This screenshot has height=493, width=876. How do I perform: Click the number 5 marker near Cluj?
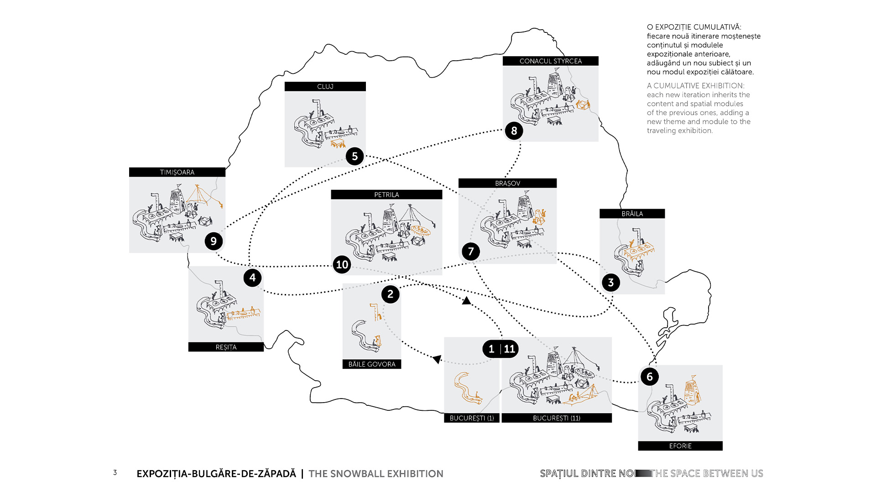pyautogui.click(x=355, y=157)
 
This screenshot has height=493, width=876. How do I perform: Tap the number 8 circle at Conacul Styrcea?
pyautogui.click(x=514, y=131)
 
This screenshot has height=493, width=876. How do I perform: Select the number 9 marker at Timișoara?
pyautogui.click(x=214, y=241)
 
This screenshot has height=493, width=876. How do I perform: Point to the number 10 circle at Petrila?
pyautogui.click(x=342, y=265)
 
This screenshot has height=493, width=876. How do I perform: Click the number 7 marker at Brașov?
pyautogui.click(x=471, y=252)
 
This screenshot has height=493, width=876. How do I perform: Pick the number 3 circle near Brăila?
pyautogui.click(x=611, y=283)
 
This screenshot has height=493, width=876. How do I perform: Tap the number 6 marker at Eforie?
pyautogui.click(x=650, y=377)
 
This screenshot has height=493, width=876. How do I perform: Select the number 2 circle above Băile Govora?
pyautogui.click(x=390, y=294)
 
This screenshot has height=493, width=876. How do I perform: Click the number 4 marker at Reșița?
pyautogui.click(x=252, y=278)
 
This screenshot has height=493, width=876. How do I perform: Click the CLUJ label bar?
pyautogui.click(x=325, y=87)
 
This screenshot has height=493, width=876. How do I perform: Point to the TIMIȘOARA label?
pyautogui.click(x=177, y=173)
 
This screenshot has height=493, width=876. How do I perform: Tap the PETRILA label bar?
pyautogui.click(x=386, y=195)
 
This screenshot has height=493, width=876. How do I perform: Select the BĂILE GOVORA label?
pyautogui.click(x=372, y=364)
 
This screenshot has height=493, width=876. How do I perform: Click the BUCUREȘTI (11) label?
pyautogui.click(x=557, y=418)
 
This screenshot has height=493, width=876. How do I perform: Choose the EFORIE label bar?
pyautogui.click(x=680, y=446)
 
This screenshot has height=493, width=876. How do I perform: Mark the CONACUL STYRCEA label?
pyautogui.click(x=551, y=61)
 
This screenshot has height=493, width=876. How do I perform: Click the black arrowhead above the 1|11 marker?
pyautogui.click(x=466, y=301)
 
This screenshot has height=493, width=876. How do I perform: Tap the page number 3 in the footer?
pyautogui.click(x=115, y=473)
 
